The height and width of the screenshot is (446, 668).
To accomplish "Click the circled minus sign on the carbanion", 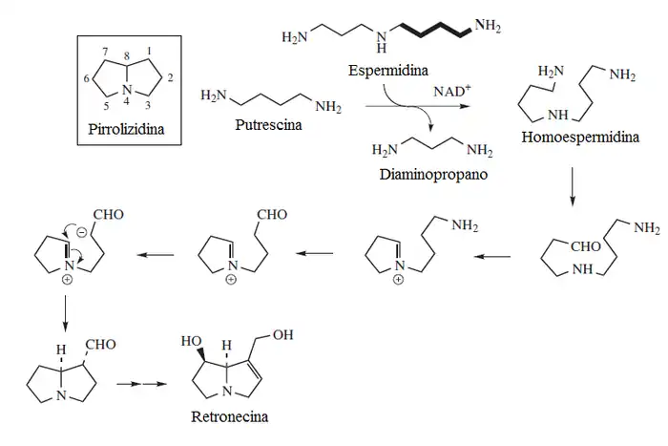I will tap(82, 233).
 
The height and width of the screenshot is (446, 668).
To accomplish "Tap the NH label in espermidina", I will tap(383, 42).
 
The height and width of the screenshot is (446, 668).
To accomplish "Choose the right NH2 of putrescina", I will tap(326, 105).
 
